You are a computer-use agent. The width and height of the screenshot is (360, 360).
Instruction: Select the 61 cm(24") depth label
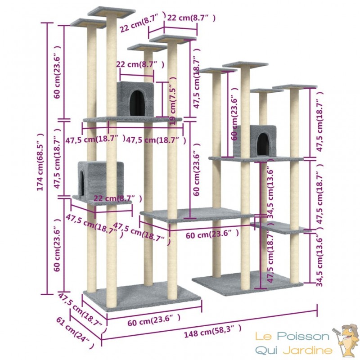pos(75,333)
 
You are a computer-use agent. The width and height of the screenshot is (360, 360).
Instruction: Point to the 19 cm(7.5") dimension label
pos(173,101)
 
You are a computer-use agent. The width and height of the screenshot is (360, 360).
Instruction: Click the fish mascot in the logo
pos(346,338)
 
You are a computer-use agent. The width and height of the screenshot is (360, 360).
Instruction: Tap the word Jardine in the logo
pos(308,351)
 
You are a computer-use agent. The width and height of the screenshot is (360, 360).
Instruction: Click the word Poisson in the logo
pos(303,337)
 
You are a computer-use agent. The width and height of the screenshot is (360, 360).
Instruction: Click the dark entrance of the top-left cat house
pos(137,103)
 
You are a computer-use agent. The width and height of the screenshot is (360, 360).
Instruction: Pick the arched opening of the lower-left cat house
pos(81,183)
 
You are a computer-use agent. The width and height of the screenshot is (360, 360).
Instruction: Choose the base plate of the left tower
pos(142,296)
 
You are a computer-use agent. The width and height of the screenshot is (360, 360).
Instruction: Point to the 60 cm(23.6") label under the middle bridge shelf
pos(212,234)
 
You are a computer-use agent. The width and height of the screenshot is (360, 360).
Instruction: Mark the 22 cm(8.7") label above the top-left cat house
pos(140,64)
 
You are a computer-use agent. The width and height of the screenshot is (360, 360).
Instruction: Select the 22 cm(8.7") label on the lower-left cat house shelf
pos(117,198)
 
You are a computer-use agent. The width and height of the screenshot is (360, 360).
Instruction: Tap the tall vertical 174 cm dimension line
pos(47,158)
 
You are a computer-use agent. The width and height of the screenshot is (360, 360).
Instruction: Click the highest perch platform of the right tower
pos(245,65)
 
